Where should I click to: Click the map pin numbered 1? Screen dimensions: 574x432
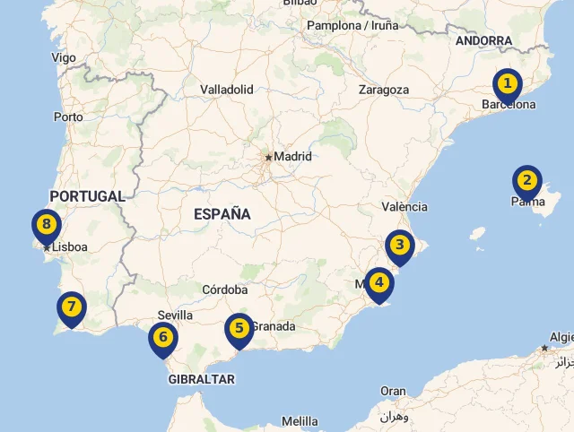pyautogui.click(x=508, y=85)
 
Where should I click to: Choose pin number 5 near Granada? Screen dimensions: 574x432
pyautogui.click(x=239, y=329)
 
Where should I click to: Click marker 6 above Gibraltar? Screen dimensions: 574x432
pyautogui.click(x=162, y=339)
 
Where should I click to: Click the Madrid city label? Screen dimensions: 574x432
pyautogui.click(x=292, y=156)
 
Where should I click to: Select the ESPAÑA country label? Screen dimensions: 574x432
pyautogui.click(x=222, y=214)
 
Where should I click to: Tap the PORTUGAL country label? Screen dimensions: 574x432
pyautogui.click(x=87, y=196)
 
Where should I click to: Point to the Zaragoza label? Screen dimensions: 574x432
pyautogui.click(x=384, y=90)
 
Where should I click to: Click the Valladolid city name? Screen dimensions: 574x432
pyautogui.click(x=227, y=90)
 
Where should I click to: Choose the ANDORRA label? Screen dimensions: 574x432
pyautogui.click(x=483, y=41)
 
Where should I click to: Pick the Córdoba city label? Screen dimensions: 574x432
pyautogui.click(x=225, y=289)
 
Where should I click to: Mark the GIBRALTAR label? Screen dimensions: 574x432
pyautogui.click(x=202, y=379)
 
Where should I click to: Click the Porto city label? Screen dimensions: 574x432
pyautogui.click(x=68, y=117)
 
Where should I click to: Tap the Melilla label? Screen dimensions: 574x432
pyautogui.click(x=300, y=421)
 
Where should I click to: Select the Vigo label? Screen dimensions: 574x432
pyautogui.click(x=64, y=57)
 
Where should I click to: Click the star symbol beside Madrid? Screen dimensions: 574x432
pyautogui.click(x=268, y=157)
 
